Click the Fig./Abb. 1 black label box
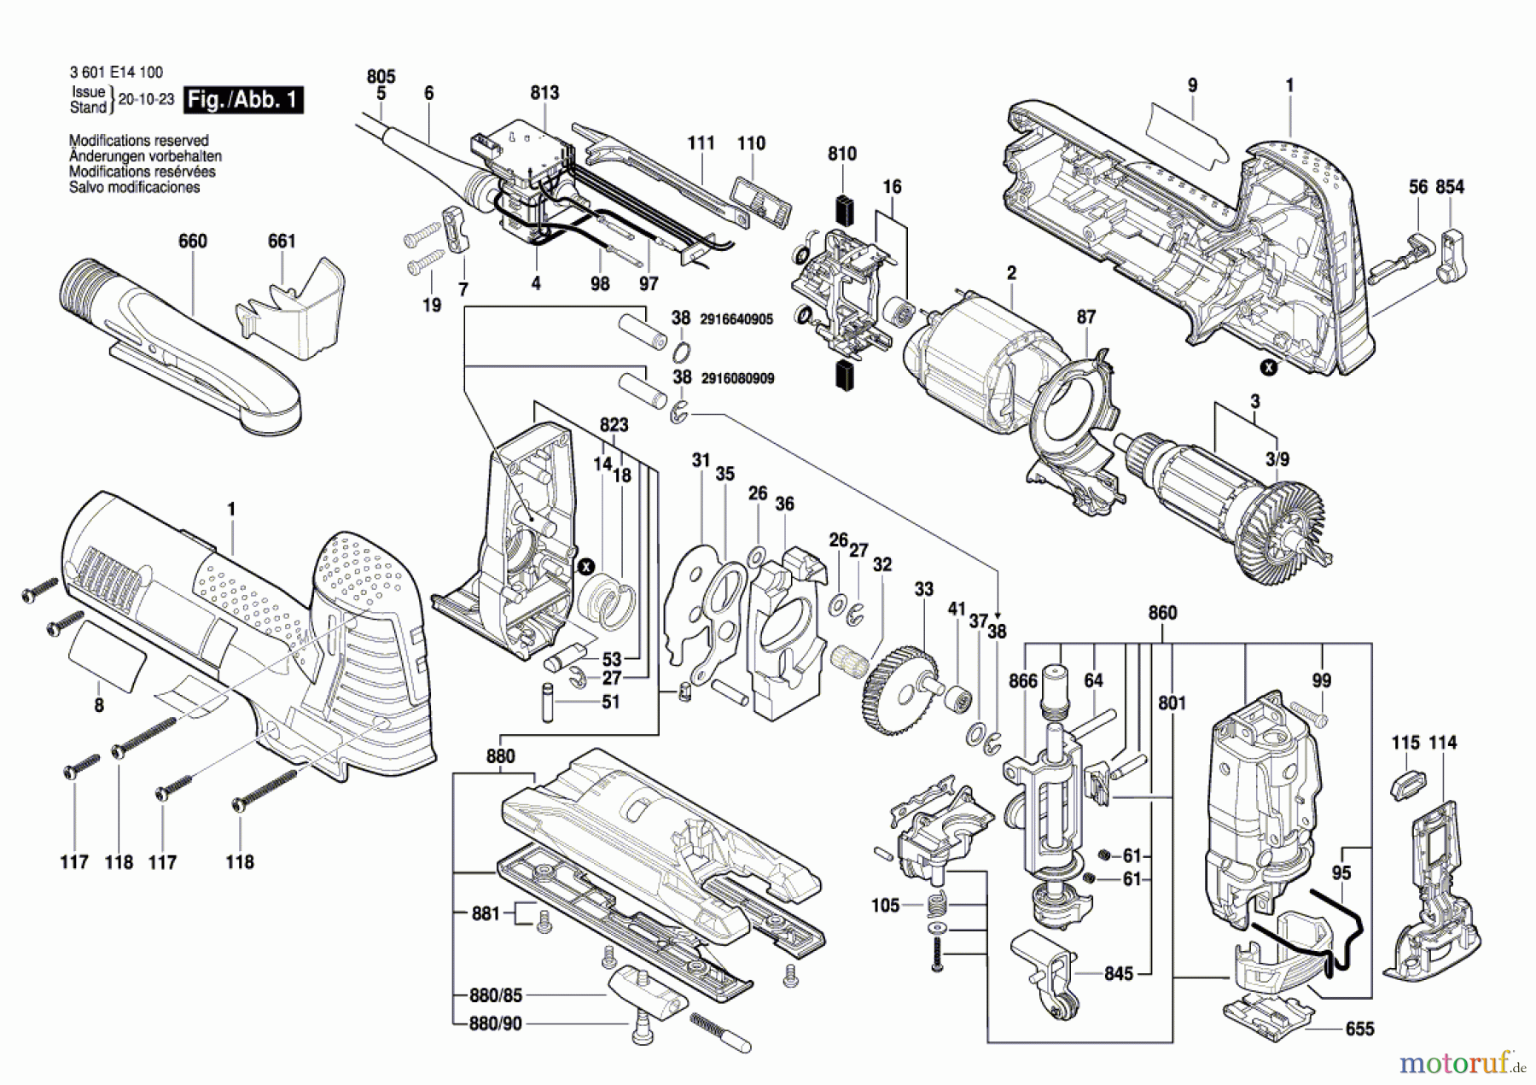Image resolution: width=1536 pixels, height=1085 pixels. coord(243,100)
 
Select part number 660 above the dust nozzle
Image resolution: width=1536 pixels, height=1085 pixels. coord(193,242)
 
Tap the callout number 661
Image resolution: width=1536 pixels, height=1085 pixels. coord(282,242)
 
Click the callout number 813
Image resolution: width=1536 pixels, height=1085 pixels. coord(544,93)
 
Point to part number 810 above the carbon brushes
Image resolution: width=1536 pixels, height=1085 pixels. coord(842,154)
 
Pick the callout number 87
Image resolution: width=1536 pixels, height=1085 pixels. coord(1085,318)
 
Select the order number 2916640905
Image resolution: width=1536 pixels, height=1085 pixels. coord(736,319)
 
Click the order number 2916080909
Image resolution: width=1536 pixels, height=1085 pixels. coord(736,378)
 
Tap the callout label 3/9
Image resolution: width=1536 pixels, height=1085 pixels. coord(1277,459)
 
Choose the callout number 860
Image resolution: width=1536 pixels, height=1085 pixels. coord(1162,613)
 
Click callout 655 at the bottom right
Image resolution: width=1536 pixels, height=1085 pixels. coord(1359,1030)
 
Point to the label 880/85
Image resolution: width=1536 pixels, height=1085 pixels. coord(496,995)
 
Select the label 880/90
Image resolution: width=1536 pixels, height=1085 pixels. coord(496,1023)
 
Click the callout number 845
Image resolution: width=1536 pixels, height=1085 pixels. coord(1119,974)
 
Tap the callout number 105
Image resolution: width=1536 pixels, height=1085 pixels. coord(886,905)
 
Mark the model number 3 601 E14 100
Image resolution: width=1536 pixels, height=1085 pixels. coord(116,73)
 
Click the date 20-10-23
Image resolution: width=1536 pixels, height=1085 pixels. coord(146,99)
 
